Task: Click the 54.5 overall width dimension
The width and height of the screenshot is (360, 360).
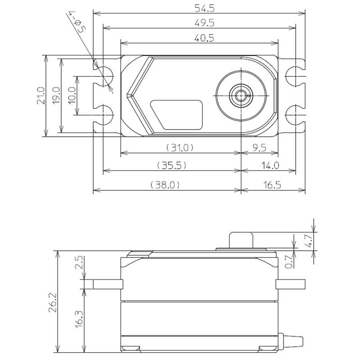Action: click(x=204, y=9)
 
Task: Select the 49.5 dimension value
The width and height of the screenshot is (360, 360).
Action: click(x=204, y=23)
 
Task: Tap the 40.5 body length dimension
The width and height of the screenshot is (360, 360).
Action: click(x=204, y=38)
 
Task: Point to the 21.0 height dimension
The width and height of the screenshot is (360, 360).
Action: click(x=41, y=95)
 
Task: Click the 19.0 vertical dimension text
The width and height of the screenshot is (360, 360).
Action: click(x=56, y=95)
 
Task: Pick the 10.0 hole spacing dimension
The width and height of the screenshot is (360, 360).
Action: click(x=72, y=95)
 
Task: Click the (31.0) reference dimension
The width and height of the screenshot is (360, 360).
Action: click(x=180, y=148)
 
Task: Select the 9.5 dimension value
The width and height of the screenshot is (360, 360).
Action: click(x=260, y=148)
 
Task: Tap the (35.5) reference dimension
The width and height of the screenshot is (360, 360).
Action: click(x=171, y=165)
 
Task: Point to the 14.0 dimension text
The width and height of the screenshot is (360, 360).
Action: click(x=270, y=165)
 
